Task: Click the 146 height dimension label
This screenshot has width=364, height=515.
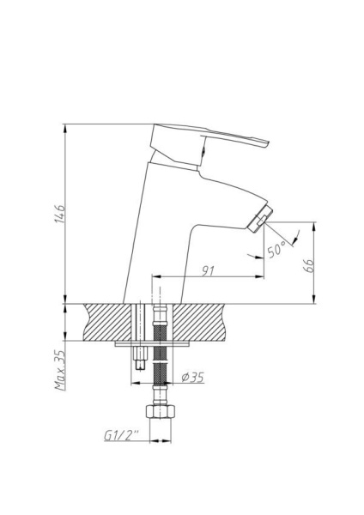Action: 60,214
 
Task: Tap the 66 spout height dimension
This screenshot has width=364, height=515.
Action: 309,265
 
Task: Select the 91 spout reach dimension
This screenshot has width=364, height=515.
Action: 208,271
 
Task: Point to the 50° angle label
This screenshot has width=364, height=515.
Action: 276,251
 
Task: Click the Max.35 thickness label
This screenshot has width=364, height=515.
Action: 60,370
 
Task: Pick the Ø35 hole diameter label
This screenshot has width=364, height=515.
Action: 193,378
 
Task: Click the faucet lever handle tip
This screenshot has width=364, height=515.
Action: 266,142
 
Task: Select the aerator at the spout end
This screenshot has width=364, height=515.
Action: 260,218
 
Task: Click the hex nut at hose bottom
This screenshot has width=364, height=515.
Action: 161,411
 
